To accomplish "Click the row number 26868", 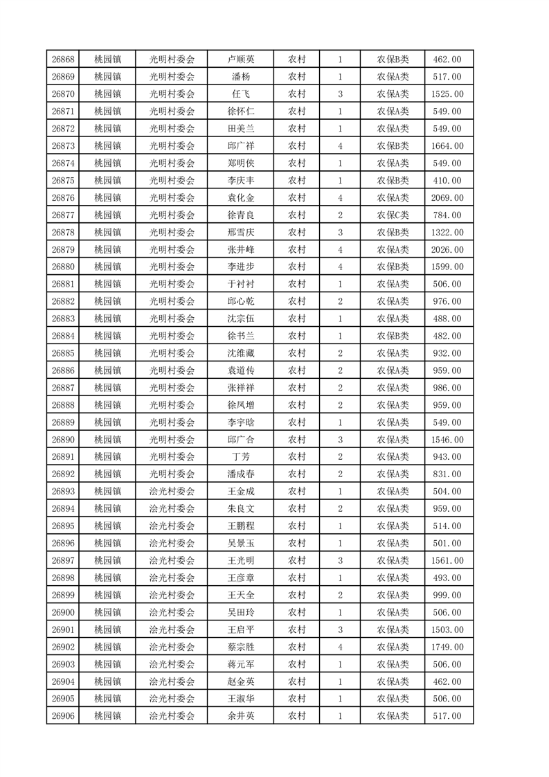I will [x=63, y=60].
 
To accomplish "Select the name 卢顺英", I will [x=240, y=60].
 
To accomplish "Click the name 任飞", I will [x=240, y=94].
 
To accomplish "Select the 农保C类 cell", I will [x=393, y=215].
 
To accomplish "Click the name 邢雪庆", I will [x=240, y=233].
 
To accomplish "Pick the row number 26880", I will [x=63, y=267].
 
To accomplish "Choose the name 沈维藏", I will [x=240, y=353].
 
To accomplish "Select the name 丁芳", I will [x=240, y=457].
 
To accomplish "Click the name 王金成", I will [x=240, y=492].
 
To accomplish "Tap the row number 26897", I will [x=63, y=561].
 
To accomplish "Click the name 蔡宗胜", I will [x=240, y=647].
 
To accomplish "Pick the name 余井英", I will [x=240, y=716].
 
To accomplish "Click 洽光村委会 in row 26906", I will [x=172, y=716].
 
